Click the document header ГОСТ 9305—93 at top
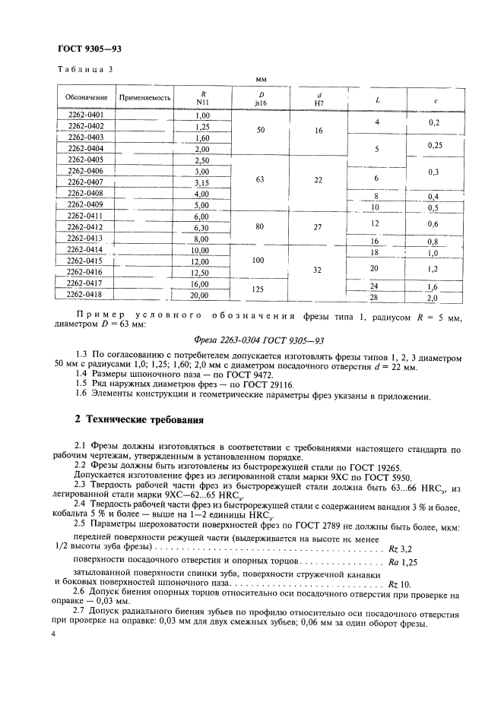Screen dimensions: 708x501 click(90, 48)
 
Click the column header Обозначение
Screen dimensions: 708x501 click(85, 99)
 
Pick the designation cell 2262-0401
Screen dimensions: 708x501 click(85, 115)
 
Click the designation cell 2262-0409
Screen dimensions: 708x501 click(85, 204)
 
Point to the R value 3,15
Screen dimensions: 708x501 click(202, 182)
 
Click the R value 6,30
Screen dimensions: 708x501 click(202, 227)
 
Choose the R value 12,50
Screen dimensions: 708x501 click(202, 272)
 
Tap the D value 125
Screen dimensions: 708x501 click(261, 289)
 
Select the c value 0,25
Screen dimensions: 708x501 click(433, 144)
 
